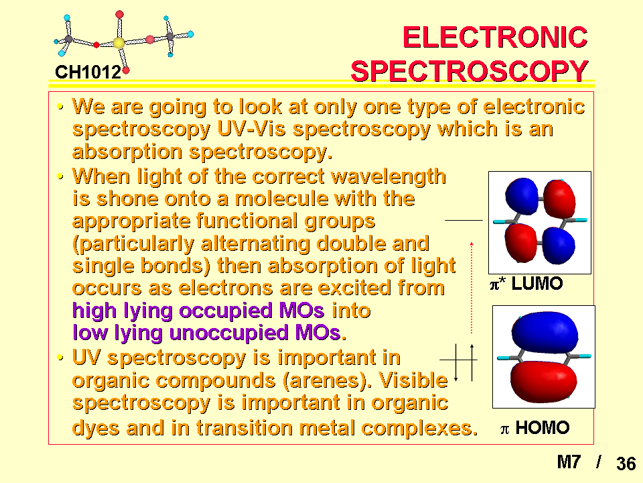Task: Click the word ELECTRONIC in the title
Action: pos(496,37)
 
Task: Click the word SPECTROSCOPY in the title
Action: pos(470,71)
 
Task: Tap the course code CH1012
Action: pos(88,72)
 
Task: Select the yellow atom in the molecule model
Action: pos(119,43)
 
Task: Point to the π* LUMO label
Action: pos(526,283)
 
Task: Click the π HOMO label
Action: pos(534,427)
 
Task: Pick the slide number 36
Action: pos(626,464)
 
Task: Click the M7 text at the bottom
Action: pos(569,462)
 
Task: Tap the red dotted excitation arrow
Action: pos(472,288)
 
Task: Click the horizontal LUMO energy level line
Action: pos(463,221)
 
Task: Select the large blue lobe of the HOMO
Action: pos(545,332)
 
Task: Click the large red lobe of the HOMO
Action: pos(544,380)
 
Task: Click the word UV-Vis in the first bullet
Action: pos(251,129)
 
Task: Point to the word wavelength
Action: pos(388,177)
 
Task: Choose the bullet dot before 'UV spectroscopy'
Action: pos(60,358)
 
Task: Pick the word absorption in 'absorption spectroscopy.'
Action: pos(127,152)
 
